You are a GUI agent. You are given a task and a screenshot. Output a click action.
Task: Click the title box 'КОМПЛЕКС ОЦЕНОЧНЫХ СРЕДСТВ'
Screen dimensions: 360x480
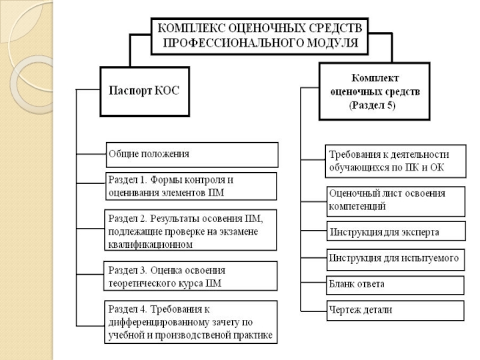coord(259,34)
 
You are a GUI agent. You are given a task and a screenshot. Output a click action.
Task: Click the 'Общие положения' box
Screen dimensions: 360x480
coord(192,154)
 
